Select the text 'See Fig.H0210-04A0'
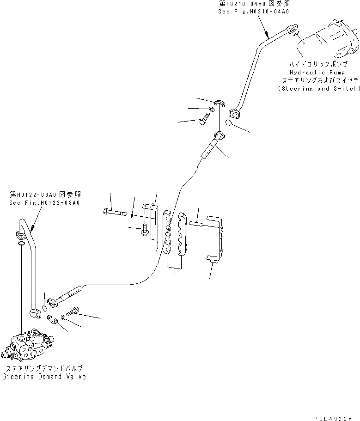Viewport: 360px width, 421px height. (x=253, y=12)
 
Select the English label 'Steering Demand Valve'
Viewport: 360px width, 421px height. (x=44, y=377)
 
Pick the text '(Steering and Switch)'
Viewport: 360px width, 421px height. (x=319, y=88)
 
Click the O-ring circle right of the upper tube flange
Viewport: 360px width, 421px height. (x=229, y=122)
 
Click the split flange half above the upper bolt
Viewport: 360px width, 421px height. (x=220, y=102)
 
